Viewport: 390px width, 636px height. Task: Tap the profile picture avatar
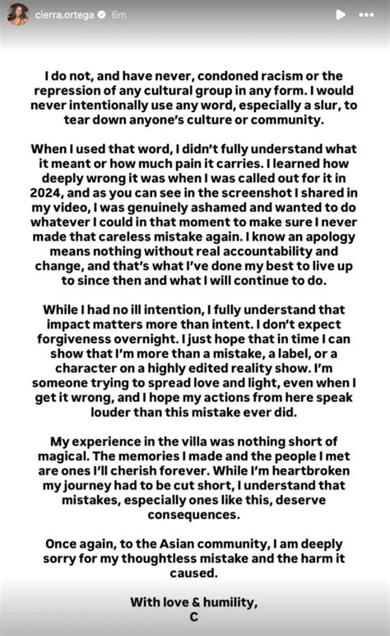19,13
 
